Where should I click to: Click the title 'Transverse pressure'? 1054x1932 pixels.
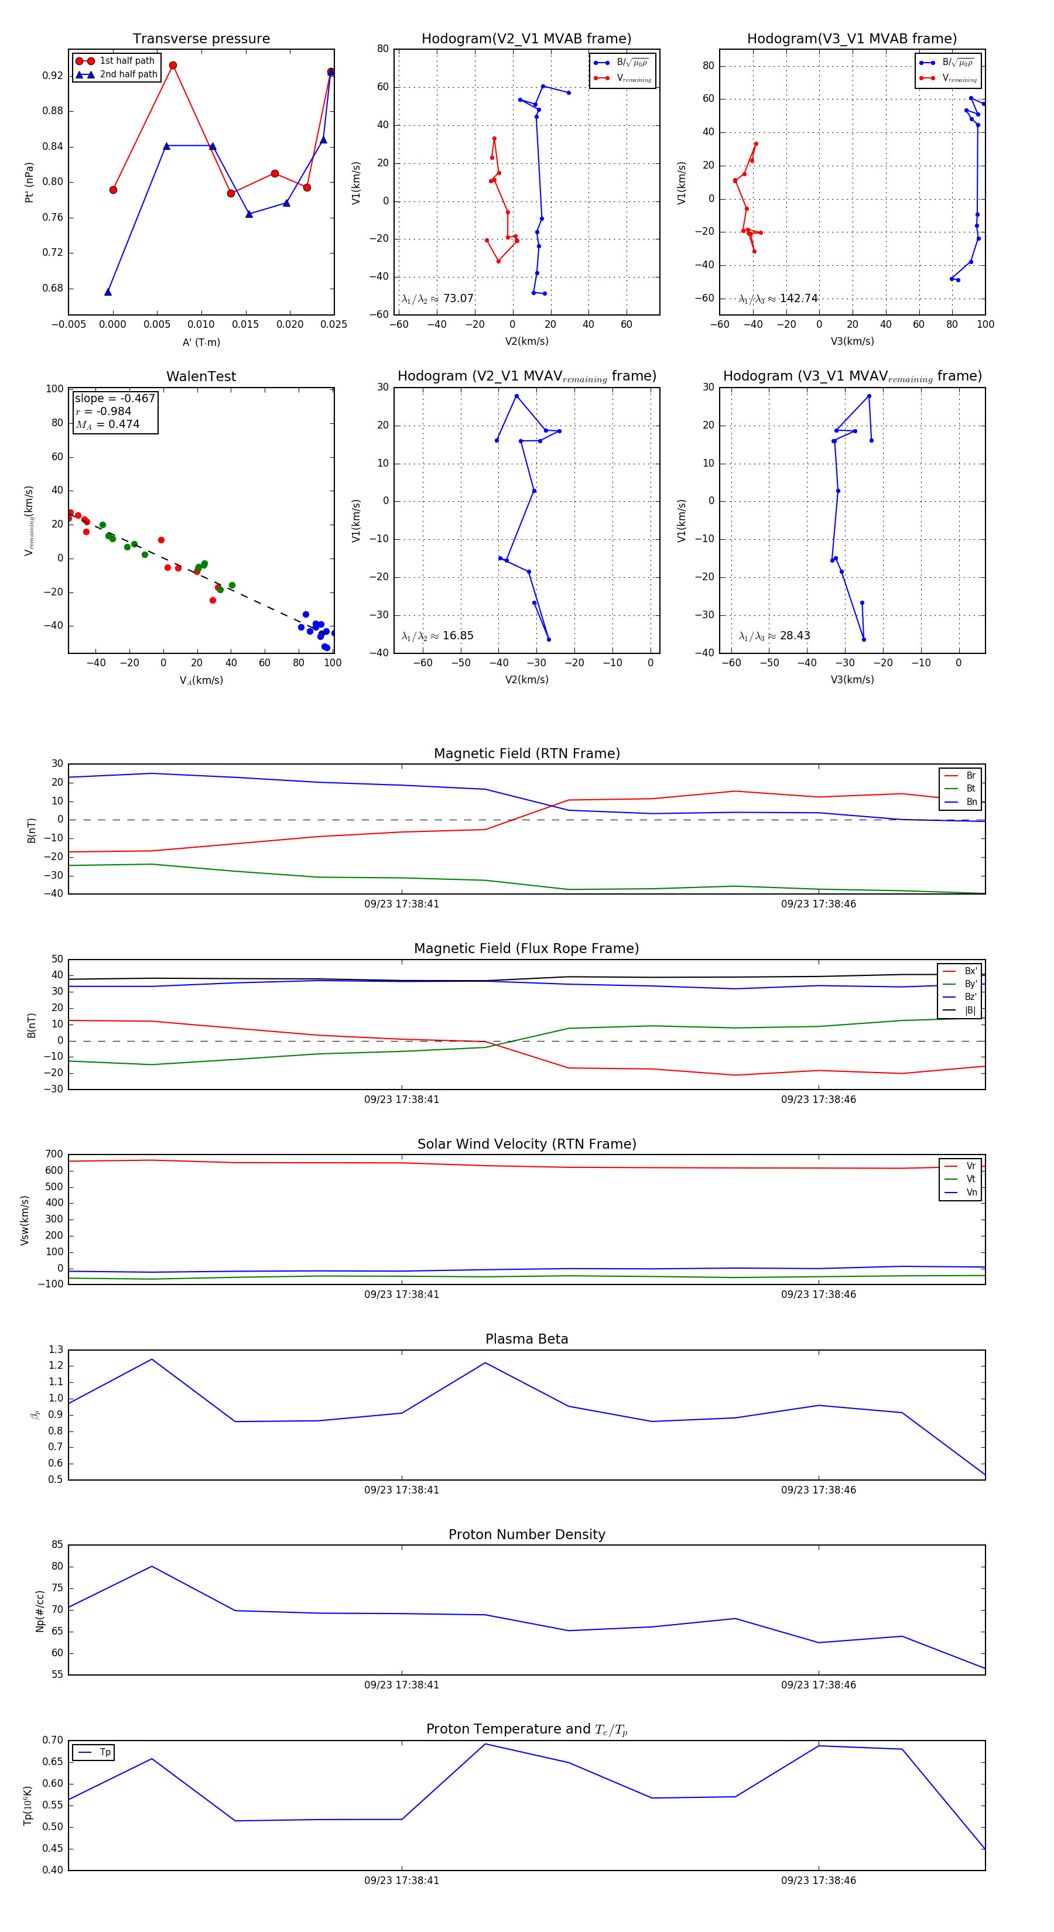pyautogui.click(x=201, y=39)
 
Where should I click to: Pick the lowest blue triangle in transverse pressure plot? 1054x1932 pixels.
pyautogui.click(x=108, y=292)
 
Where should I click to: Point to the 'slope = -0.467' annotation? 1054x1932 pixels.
pyautogui.click(x=115, y=398)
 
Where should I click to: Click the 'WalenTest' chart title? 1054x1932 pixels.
pyautogui.click(x=201, y=376)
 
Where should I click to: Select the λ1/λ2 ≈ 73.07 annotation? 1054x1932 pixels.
pyautogui.click(x=437, y=299)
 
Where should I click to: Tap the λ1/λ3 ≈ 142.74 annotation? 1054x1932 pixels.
pyautogui.click(x=778, y=299)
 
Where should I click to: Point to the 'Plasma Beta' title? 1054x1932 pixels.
pyautogui.click(x=526, y=1340)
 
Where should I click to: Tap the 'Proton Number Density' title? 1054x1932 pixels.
pyautogui.click(x=526, y=1534)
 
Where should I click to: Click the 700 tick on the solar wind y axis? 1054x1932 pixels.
pyautogui.click(x=54, y=1155)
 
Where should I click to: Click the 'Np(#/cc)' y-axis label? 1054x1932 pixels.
pyautogui.click(x=40, y=1611)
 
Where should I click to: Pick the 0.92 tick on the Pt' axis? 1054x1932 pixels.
pyautogui.click(x=53, y=76)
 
